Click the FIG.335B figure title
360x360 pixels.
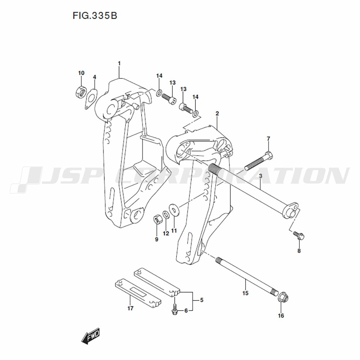[x=95, y=15]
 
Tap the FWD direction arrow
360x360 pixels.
[x=90, y=336]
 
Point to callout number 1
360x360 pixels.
[x=119, y=63]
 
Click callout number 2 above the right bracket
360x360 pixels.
[x=217, y=113]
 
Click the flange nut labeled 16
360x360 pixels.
[x=283, y=298]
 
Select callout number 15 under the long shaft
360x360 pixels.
[x=245, y=293]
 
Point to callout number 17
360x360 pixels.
[x=130, y=308]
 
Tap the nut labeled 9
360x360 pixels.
[x=157, y=220]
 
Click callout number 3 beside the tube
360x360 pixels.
[x=260, y=176]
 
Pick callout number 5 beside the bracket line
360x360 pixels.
[x=202, y=300]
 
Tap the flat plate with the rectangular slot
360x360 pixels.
[x=138, y=293]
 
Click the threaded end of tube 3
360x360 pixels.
[x=215, y=170]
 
